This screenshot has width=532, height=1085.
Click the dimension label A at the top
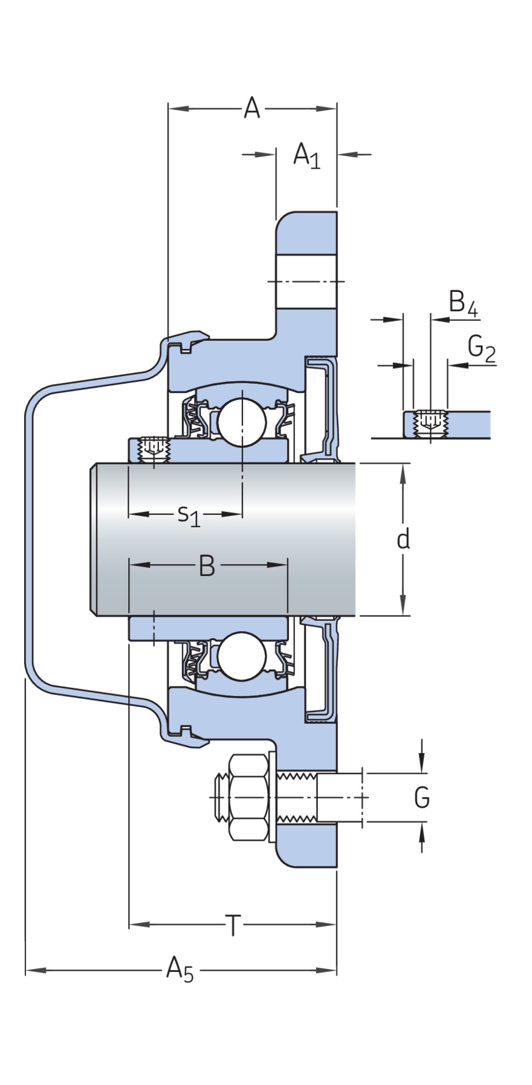[251, 109]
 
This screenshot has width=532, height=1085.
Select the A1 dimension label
[307, 156]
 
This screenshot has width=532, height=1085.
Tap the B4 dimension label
[463, 303]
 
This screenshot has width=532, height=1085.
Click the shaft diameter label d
[403, 539]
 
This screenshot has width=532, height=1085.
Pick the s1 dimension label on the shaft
[189, 515]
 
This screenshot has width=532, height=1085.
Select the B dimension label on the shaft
[207, 566]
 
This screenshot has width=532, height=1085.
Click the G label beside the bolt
[421, 798]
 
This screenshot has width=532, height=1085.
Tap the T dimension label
[233, 925]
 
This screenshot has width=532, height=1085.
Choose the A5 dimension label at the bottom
[180, 970]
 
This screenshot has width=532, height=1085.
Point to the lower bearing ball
[242, 655]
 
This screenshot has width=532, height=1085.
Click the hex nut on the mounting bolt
[248, 798]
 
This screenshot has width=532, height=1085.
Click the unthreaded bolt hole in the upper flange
[306, 282]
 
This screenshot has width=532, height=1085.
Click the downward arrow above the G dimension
[421, 763]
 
